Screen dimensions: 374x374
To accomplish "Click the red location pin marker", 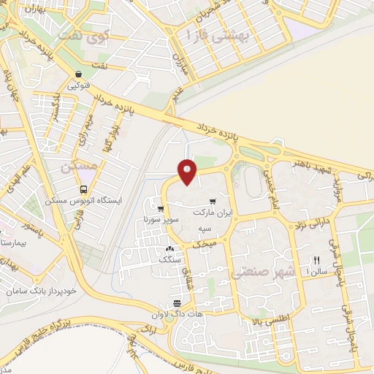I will point(187,172).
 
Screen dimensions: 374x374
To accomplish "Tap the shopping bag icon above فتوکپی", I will point(77,75).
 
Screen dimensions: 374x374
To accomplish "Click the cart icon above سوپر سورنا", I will point(160,208).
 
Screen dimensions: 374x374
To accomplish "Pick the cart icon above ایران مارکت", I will point(212,201).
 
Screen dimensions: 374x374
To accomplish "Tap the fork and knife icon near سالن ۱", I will point(317,260).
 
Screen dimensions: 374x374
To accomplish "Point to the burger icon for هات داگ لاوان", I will point(177,304).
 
